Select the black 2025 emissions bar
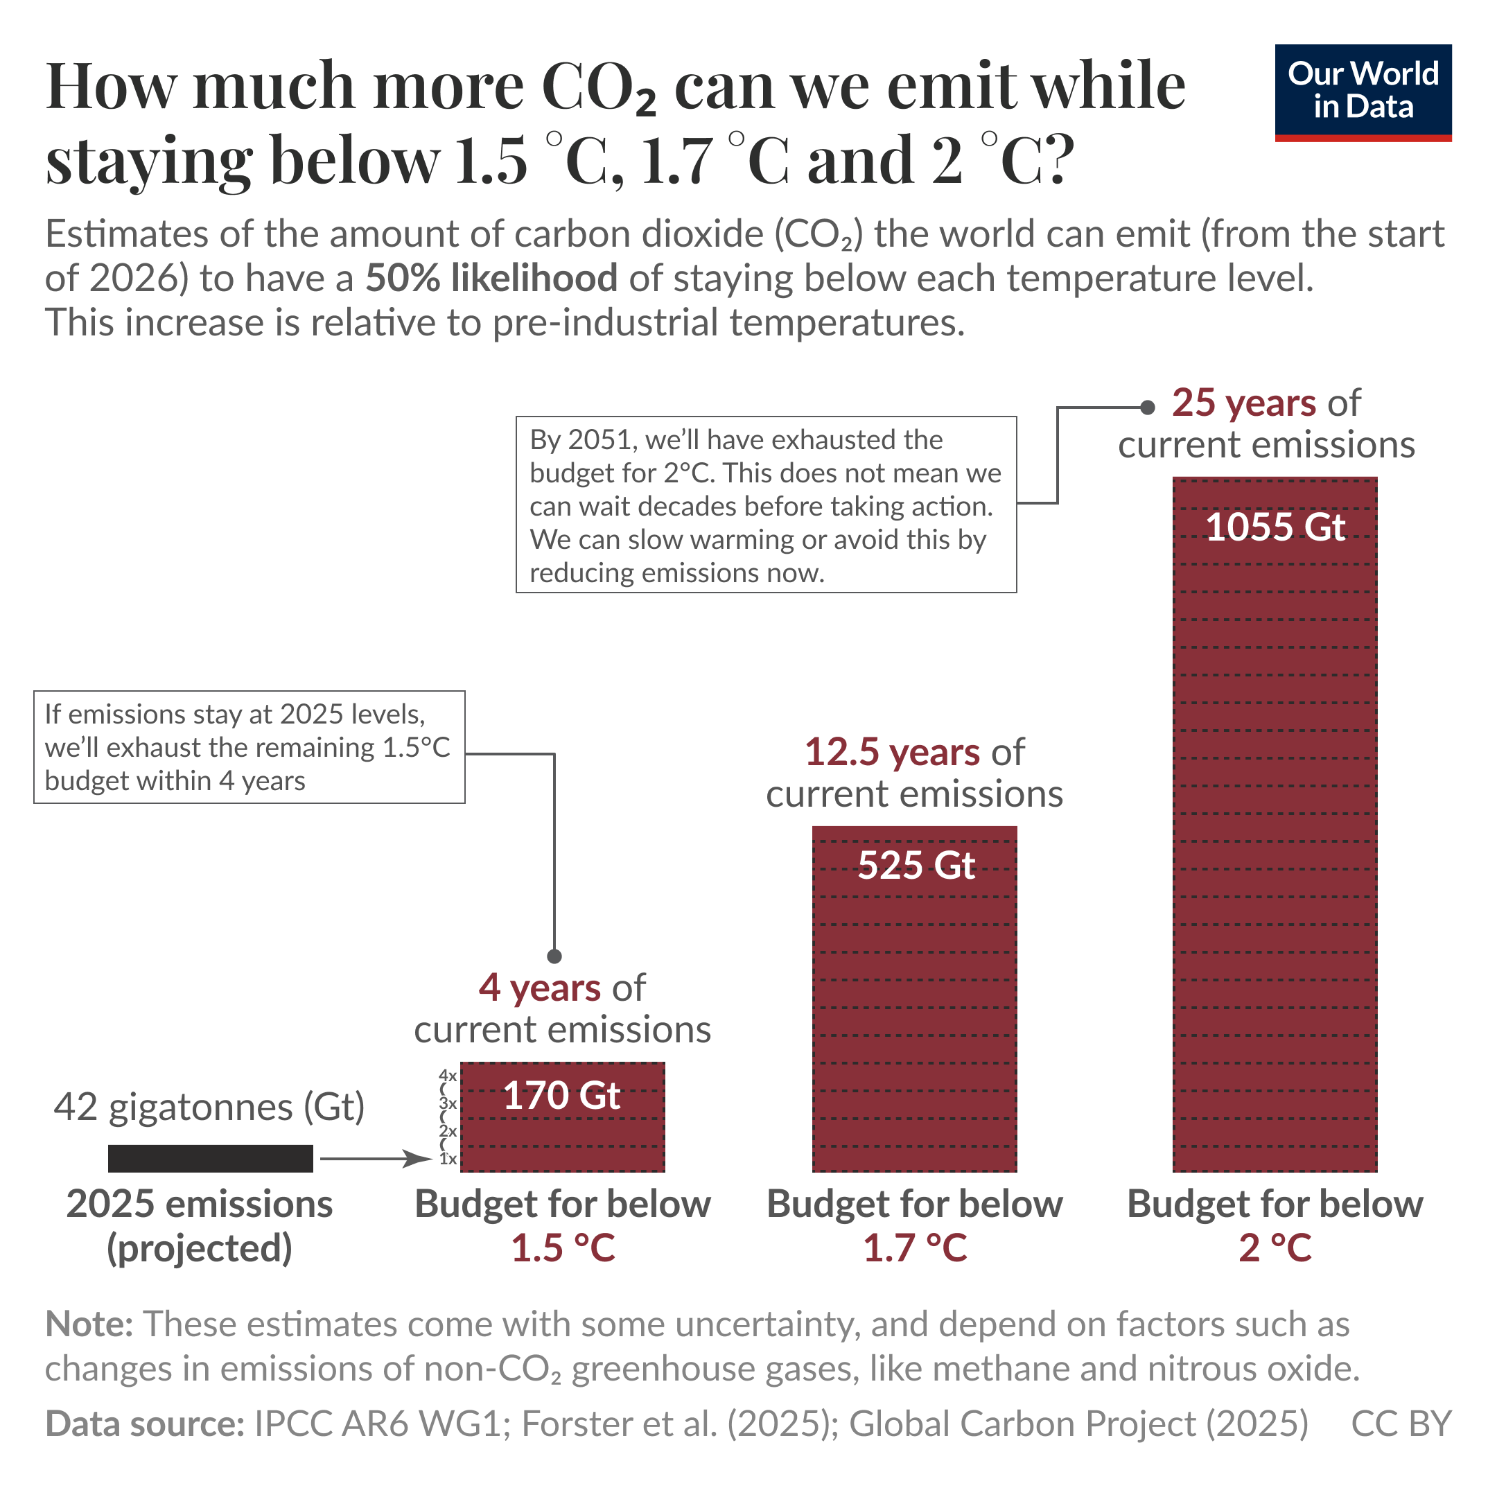tap(210, 1157)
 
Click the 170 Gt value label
tap(562, 1096)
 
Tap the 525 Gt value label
tap(915, 865)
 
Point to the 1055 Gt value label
tap(1275, 527)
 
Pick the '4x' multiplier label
tap(447, 1076)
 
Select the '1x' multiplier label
tap(447, 1159)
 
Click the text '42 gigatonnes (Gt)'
tap(209, 1107)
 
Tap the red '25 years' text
tap(1243, 403)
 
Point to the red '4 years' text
tap(539, 988)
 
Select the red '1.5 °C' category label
tap(563, 1248)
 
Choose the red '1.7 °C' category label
tap(915, 1248)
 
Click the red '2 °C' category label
tap(1275, 1248)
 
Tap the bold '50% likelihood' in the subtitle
tap(491, 278)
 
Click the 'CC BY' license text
tap(1401, 1424)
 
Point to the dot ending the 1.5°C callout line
tap(554, 956)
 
